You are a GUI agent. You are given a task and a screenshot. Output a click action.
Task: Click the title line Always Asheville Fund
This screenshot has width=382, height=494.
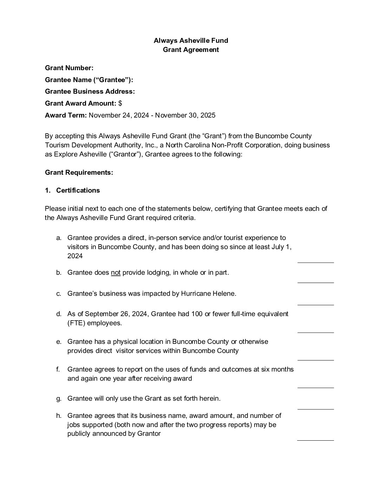(x=191, y=40)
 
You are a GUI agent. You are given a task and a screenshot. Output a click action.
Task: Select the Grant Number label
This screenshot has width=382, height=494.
(x=69, y=68)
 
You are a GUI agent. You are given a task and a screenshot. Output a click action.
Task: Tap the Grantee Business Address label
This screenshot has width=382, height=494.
(x=90, y=92)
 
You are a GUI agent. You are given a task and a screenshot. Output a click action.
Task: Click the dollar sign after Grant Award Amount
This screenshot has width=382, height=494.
(x=120, y=104)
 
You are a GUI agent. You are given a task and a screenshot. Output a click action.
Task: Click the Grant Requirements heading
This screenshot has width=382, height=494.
(x=79, y=173)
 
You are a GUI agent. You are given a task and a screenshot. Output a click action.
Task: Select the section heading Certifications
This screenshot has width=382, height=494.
(x=78, y=191)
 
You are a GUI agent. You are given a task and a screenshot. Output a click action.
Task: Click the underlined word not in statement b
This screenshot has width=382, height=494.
(x=116, y=273)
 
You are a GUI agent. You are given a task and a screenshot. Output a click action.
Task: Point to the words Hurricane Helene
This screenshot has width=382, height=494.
(x=209, y=294)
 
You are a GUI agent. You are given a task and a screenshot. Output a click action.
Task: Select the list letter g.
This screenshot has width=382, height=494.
(x=59, y=399)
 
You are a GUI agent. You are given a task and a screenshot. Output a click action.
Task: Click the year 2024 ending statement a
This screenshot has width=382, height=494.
(x=75, y=256)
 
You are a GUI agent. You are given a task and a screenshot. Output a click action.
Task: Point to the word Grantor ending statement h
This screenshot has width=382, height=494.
(x=149, y=434)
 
